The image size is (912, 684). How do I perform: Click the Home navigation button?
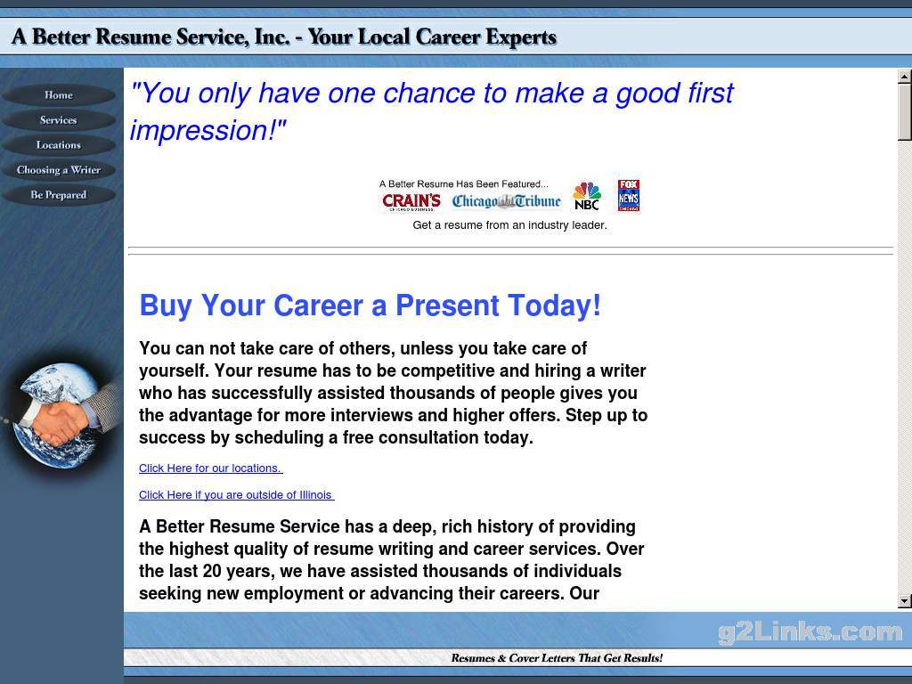coord(59,95)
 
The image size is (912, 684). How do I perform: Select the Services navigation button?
coord(59,120)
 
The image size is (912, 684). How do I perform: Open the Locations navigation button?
coord(59,145)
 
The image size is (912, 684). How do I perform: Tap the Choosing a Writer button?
coord(59,170)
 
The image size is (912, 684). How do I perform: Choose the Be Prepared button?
coord(59,195)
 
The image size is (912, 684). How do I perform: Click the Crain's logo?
coord(411,201)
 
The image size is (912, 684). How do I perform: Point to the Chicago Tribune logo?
coord(507,201)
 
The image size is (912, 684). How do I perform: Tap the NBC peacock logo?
coord(586,196)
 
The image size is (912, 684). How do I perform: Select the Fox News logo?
coord(628,195)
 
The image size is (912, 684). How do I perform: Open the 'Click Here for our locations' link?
coord(210,468)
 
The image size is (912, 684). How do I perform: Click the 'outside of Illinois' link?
coord(236,495)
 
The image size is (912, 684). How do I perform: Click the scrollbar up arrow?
coord(905,76)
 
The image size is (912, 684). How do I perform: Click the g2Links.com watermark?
coord(810,631)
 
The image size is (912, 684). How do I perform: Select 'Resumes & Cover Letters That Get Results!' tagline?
coord(557,658)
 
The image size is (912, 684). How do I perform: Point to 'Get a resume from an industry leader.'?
coord(509,225)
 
